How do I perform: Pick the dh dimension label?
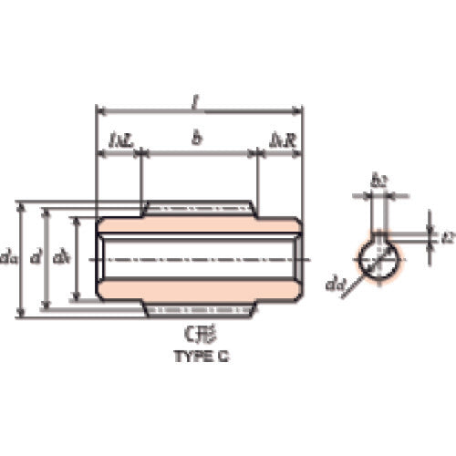61,258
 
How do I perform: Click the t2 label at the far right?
447,236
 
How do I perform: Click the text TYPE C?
198,358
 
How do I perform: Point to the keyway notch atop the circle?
379,238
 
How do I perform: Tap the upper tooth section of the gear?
199,209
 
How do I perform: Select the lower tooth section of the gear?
199,309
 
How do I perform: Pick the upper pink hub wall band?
199,224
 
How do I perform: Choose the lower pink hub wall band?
199,289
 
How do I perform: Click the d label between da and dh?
36,258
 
